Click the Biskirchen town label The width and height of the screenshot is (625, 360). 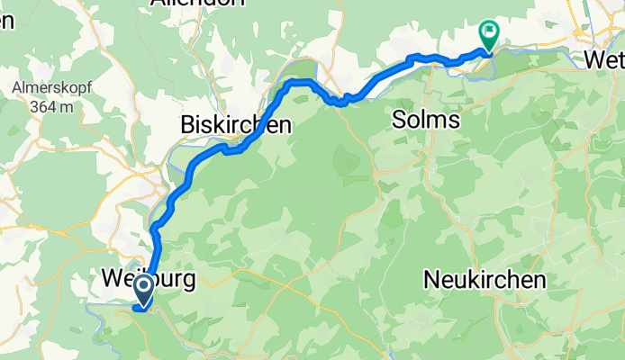(236, 125)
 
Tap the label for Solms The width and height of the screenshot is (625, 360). (426, 120)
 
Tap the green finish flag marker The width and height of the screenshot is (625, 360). (488, 33)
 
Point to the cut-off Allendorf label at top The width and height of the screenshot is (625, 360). (198, 4)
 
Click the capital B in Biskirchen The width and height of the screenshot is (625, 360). (188, 125)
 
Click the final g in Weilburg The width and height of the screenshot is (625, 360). (188, 281)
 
